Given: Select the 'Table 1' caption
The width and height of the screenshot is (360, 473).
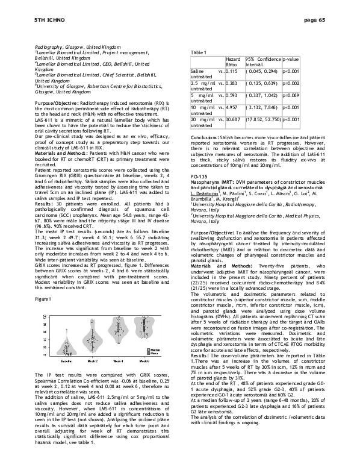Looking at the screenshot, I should tap(198, 52).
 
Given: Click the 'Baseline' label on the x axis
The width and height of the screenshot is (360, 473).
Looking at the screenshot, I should tap(66, 361).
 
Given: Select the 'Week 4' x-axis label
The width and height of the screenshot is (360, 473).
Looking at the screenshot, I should tap(119, 361).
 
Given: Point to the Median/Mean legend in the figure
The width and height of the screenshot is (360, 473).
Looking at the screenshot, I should tap(154, 350).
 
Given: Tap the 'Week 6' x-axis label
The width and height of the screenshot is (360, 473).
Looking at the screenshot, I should tap(145, 361).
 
